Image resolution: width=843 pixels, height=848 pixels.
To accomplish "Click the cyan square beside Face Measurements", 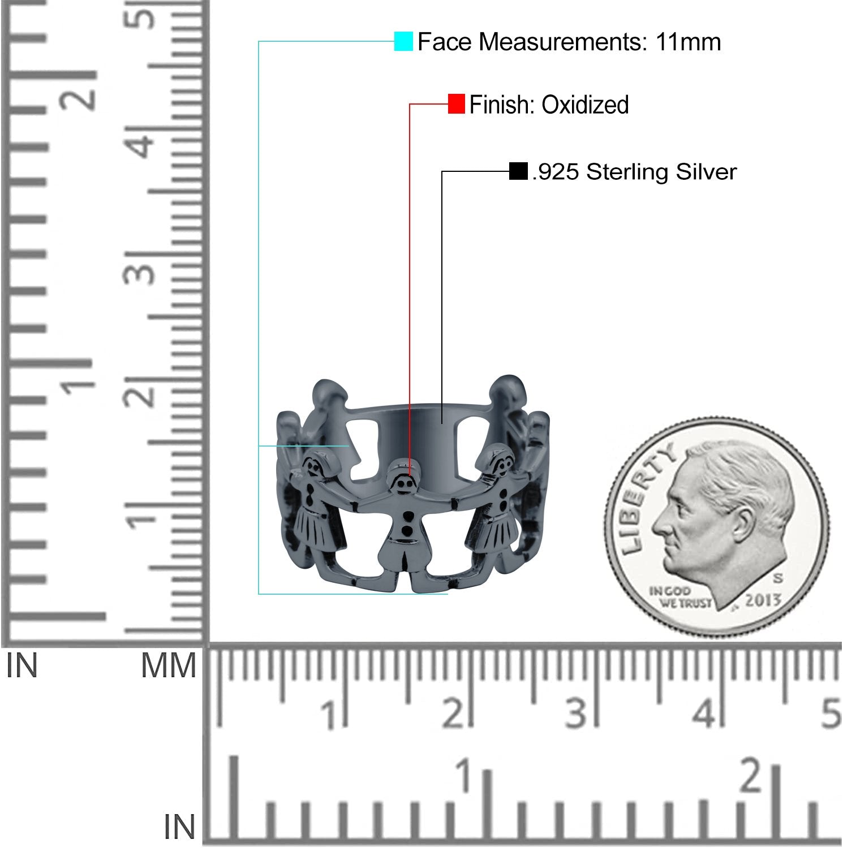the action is (403, 42).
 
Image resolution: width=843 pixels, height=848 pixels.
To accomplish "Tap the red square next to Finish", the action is (457, 104).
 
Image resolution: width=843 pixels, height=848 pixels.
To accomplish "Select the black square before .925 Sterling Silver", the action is (518, 171).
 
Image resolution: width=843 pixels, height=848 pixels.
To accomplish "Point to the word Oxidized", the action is (585, 105).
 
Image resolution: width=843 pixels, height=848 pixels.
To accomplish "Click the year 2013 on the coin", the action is (763, 600).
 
